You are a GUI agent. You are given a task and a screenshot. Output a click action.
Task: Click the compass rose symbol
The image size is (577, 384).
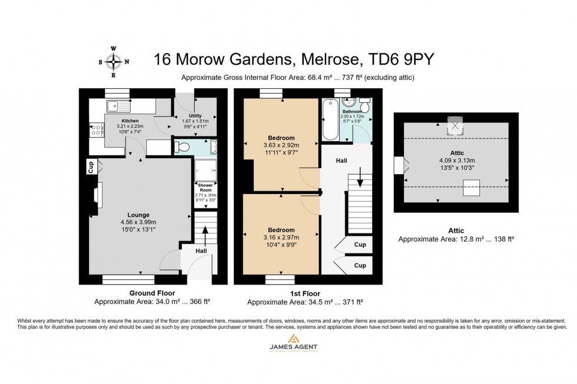114,61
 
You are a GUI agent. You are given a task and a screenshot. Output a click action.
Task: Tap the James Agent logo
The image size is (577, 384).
293,342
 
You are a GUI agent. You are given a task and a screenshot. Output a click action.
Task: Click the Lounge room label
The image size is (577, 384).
138,215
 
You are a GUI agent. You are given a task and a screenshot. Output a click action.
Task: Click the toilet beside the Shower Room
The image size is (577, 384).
183,146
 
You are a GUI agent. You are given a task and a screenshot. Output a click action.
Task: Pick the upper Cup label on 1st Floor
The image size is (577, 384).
360,245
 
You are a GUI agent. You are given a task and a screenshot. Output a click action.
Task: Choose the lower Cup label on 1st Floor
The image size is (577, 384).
360,266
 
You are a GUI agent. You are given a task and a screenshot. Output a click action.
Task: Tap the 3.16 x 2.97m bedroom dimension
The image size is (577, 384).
280,238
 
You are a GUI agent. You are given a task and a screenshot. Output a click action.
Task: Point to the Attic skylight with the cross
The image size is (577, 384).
455,125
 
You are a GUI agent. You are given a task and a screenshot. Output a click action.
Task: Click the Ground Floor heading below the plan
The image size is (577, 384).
152,293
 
